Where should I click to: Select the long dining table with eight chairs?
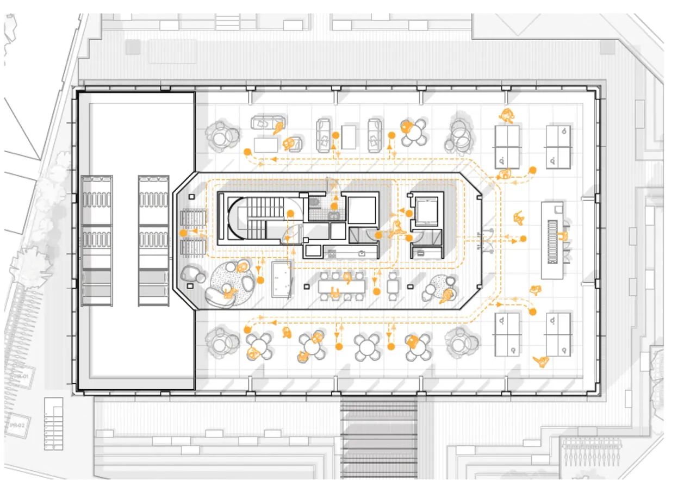pos(342,286)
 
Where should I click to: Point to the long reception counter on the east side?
pos(552,240)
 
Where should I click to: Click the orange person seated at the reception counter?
pos(563,236)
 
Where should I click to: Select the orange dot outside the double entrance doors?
pos(523,239)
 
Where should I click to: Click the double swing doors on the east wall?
pos(485,240)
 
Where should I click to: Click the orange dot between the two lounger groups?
pos(184,233)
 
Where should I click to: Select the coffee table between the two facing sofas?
pos(348,136)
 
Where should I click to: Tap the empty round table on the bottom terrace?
pos(367,346)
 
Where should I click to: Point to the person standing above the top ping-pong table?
pos(507,115)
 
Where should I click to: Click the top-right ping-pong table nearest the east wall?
pos(558,146)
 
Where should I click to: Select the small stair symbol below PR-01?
pos(53,424)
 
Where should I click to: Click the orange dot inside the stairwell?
pos(288,238)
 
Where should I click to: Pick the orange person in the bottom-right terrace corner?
pos(541,361)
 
